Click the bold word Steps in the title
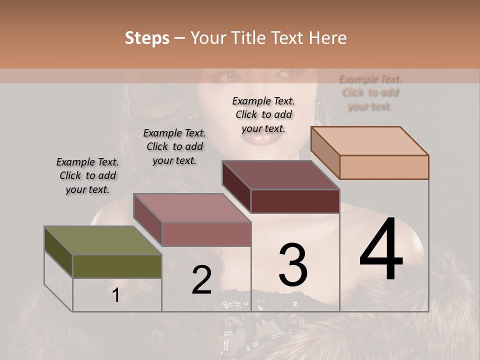(147, 38)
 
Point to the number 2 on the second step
(201, 280)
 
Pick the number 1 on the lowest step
(115, 295)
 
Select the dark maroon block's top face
(280, 175)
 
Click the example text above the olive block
(87, 175)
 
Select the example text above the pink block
(174, 146)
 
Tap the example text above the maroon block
(263, 114)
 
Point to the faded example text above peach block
(370, 92)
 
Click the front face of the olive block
(117, 266)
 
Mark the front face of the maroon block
(295, 201)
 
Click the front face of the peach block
(384, 167)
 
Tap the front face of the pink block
(206, 234)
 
